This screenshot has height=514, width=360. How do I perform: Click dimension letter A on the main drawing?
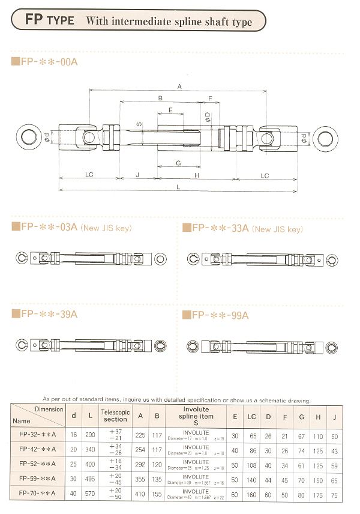pos(179,86)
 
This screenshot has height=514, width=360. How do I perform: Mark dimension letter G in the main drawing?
pos(178,163)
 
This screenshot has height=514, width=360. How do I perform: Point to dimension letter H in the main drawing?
pos(197,175)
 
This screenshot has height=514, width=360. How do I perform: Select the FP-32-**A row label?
pos(38,434)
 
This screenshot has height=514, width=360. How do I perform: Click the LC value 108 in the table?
pos(251,465)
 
